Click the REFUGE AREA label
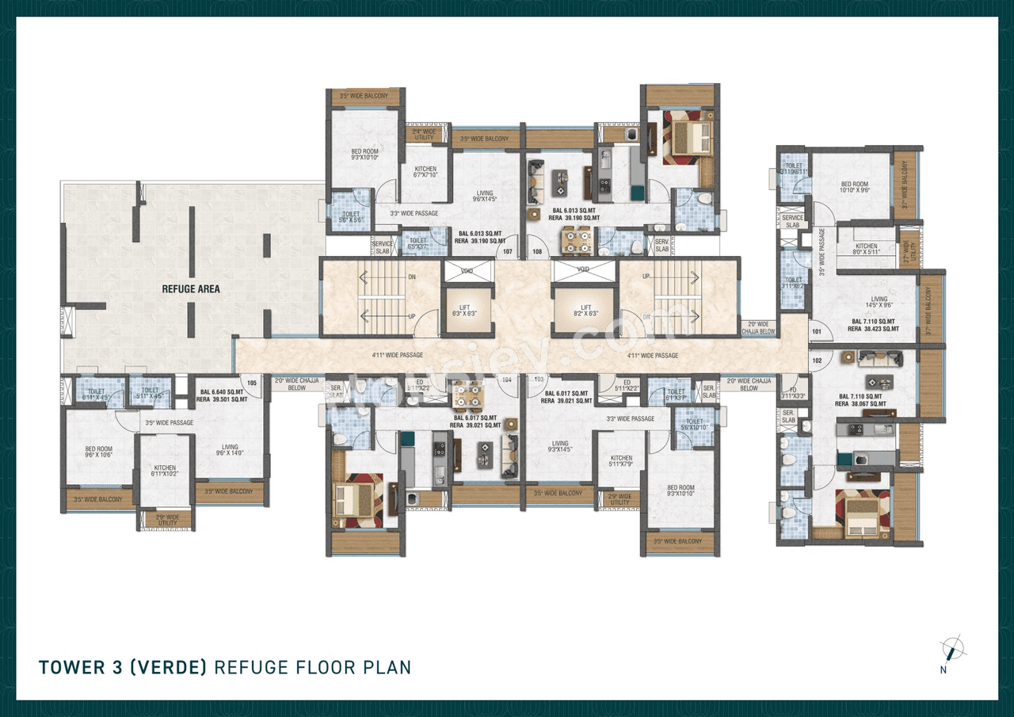191,289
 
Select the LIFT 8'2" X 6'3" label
585,311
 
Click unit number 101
817,331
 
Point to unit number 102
817,360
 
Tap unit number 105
252,383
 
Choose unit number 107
508,253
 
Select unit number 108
536,253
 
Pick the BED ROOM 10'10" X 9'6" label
856,188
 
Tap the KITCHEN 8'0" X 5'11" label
867,250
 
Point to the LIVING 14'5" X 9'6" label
879,303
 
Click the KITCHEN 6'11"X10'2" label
165,471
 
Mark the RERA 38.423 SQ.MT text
873,328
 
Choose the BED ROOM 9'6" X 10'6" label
99,452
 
